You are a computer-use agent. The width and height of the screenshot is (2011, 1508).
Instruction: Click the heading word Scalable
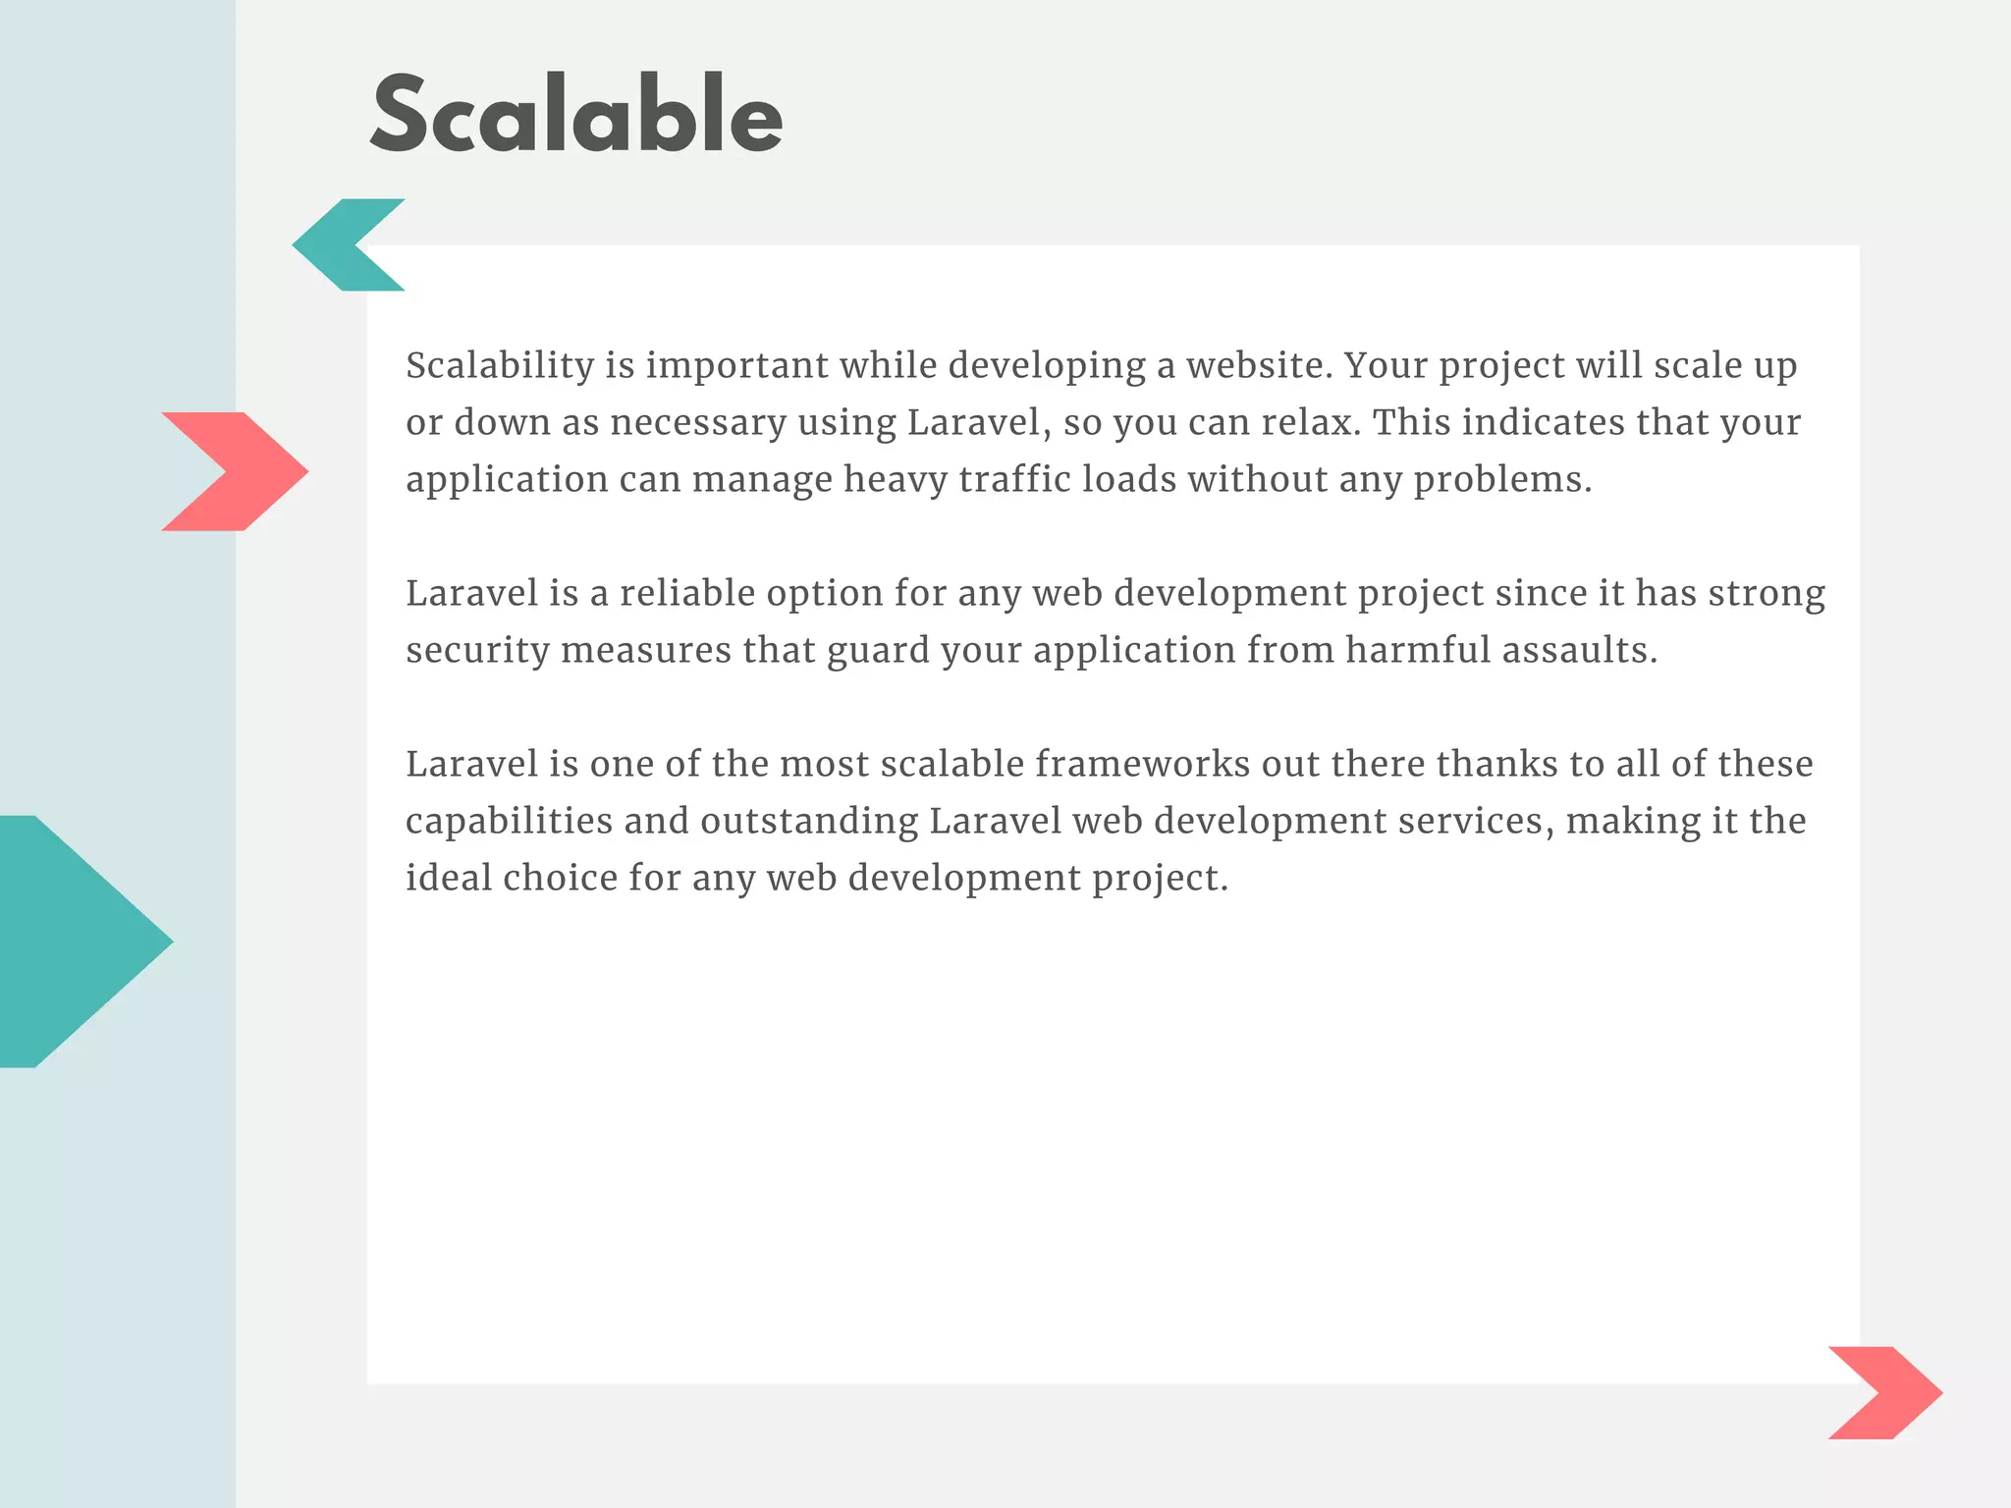(x=576, y=116)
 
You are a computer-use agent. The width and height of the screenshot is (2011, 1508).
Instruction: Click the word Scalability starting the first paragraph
(x=500, y=366)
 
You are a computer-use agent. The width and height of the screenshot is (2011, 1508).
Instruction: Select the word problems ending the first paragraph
(x=1501, y=480)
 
